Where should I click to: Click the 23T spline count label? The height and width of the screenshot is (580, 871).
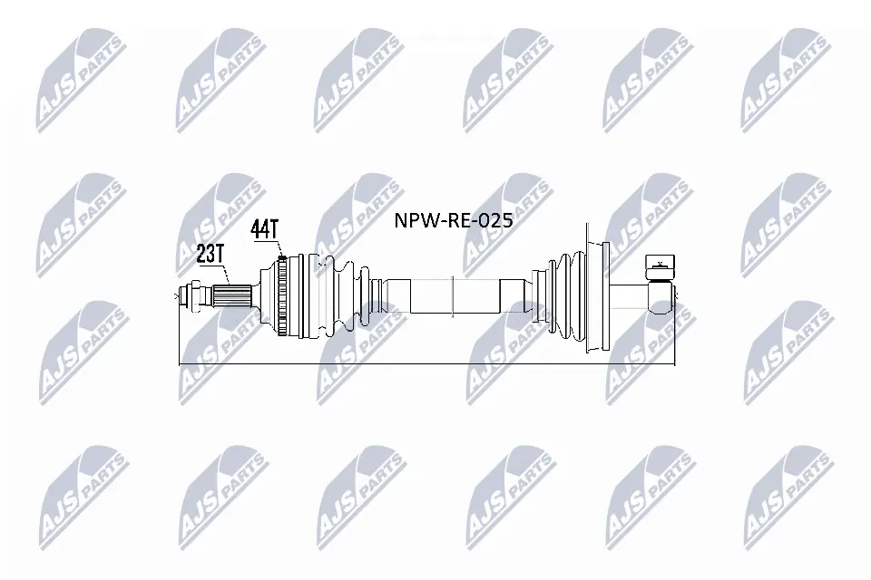(x=210, y=254)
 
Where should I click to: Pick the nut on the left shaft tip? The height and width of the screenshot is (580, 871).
(x=191, y=295)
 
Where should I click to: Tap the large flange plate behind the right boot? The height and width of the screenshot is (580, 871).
(x=595, y=295)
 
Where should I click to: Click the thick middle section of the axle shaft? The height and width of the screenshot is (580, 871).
(x=454, y=295)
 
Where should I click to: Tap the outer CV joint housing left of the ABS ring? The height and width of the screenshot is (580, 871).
(x=265, y=296)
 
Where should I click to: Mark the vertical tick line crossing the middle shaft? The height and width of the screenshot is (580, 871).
(x=453, y=295)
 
